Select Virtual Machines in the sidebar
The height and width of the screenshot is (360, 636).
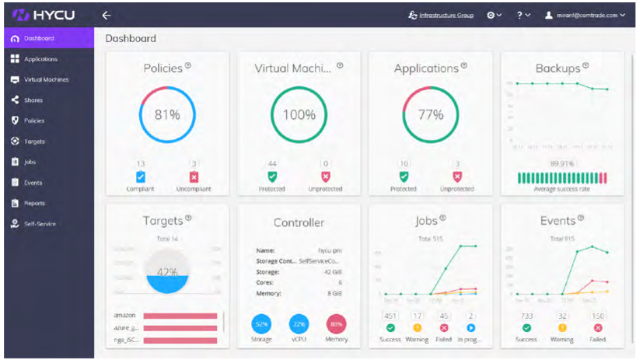(x=44, y=79)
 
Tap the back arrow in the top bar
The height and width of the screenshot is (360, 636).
(x=107, y=15)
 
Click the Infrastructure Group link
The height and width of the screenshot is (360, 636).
(x=441, y=15)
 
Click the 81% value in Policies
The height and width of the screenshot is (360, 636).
(x=167, y=114)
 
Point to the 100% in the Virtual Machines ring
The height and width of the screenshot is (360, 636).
(x=299, y=114)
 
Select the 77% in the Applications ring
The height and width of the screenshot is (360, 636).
(x=430, y=114)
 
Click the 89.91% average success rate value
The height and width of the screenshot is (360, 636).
(x=562, y=164)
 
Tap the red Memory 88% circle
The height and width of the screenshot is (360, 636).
(x=337, y=323)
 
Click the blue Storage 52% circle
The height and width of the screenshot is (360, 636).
(x=262, y=323)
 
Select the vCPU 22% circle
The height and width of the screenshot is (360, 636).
(x=299, y=323)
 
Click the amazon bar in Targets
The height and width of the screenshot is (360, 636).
(x=180, y=316)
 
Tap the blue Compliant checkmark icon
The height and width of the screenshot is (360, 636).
(x=141, y=177)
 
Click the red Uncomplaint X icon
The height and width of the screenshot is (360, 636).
(x=194, y=177)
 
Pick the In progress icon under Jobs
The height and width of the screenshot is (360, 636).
(x=471, y=328)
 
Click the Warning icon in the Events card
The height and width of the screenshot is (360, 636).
(x=562, y=328)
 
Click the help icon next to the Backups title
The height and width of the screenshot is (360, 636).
(x=585, y=66)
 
